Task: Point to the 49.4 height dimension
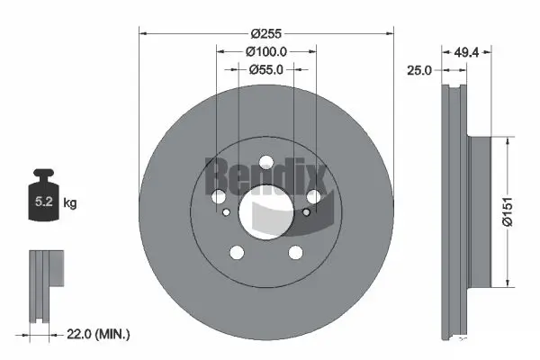465,52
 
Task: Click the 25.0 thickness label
420,69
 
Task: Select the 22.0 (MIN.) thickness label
100,334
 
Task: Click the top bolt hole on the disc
265,164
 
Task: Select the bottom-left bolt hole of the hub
237,253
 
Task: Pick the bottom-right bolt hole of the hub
294,253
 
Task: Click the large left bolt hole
218,198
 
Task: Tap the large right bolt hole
313,198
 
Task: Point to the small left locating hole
227,212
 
